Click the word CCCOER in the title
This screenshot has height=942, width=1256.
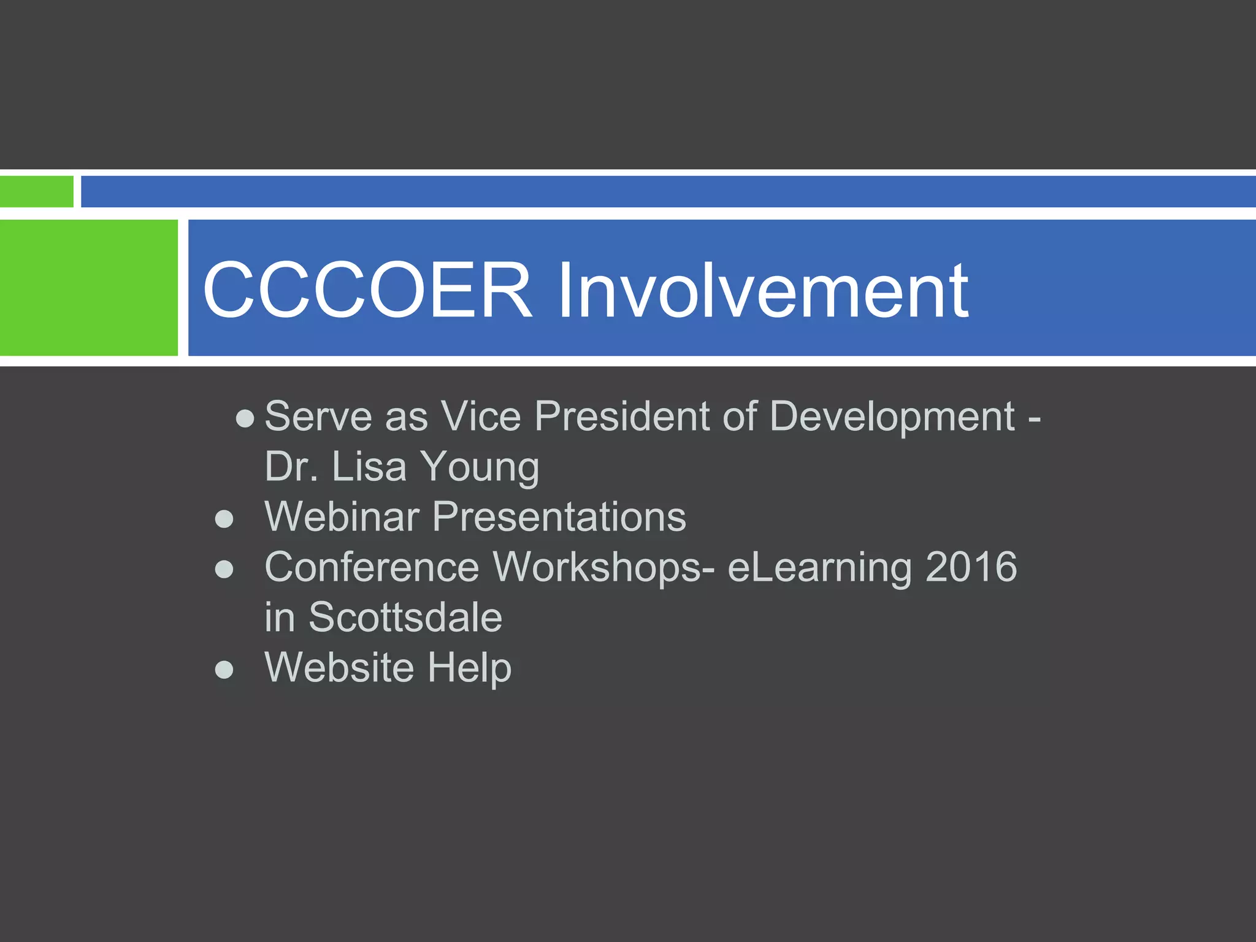pyautogui.click(x=367, y=289)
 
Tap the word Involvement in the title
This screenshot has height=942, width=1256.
pyautogui.click(x=762, y=289)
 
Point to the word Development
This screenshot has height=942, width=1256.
pyautogui.click(x=892, y=416)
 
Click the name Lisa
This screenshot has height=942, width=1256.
pyautogui.click(x=369, y=467)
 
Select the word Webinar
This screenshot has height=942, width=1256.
pyautogui.click(x=342, y=516)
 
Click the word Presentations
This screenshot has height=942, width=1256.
pyautogui.click(x=559, y=516)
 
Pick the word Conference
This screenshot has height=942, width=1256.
pyautogui.click(x=372, y=567)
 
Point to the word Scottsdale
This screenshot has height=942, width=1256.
pyautogui.click(x=405, y=617)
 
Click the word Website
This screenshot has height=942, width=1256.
pyautogui.click(x=339, y=667)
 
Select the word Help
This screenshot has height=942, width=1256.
pyautogui.click(x=469, y=668)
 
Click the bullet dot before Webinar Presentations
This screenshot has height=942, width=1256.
pyautogui.click(x=224, y=519)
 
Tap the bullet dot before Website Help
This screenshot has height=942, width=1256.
pyautogui.click(x=224, y=670)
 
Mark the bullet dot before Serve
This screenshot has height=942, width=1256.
pyautogui.click(x=245, y=419)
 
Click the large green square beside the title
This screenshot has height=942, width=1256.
pyautogui.click(x=88, y=288)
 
